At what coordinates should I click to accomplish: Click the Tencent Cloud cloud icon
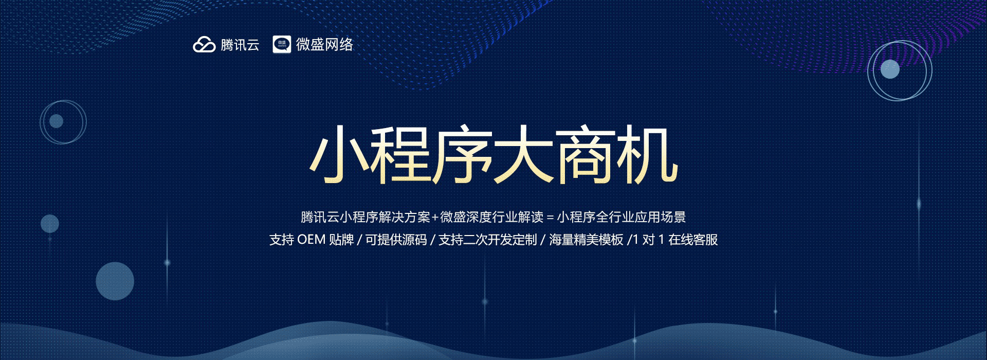(204, 45)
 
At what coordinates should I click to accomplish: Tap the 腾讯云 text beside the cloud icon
(240, 45)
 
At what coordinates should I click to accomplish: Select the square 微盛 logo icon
(282, 44)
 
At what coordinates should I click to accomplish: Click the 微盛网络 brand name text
(324, 44)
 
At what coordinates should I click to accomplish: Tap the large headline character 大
(524, 154)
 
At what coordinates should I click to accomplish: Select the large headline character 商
(586, 154)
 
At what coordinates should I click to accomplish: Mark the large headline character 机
(647, 154)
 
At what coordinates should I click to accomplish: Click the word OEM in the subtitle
(312, 240)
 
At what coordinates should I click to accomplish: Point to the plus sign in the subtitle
(435, 218)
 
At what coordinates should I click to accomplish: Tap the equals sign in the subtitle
(550, 218)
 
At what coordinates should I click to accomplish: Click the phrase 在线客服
(693, 240)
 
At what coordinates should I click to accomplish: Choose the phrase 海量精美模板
(586, 240)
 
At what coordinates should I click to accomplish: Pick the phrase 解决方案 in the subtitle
(404, 217)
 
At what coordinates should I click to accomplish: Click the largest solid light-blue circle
(115, 281)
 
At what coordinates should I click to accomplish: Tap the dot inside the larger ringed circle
(890, 69)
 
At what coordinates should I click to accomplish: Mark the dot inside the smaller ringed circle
(57, 121)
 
